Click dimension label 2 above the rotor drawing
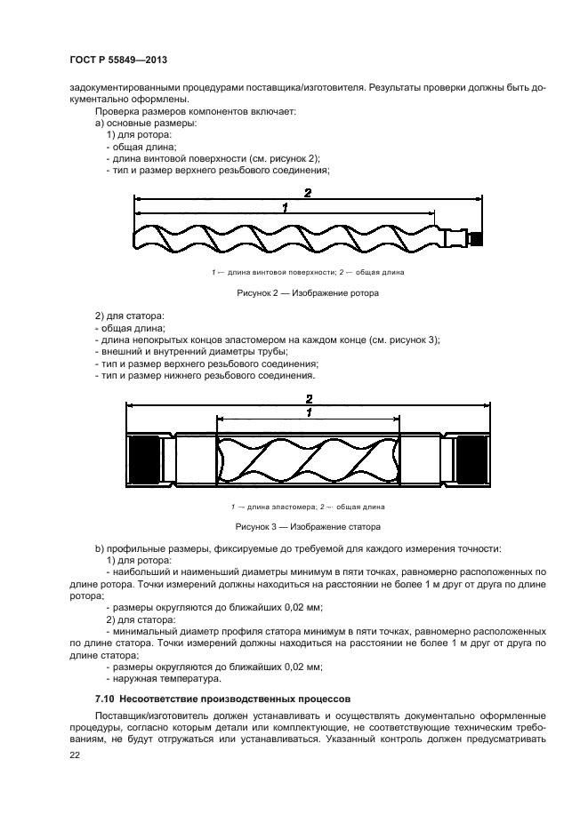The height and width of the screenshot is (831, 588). click(307, 193)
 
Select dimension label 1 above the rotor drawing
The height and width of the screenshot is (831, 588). click(284, 208)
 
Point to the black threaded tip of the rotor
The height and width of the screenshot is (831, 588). click(476, 238)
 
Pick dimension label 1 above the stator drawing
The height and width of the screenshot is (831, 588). click(308, 413)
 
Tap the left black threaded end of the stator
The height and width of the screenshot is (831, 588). click(143, 462)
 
